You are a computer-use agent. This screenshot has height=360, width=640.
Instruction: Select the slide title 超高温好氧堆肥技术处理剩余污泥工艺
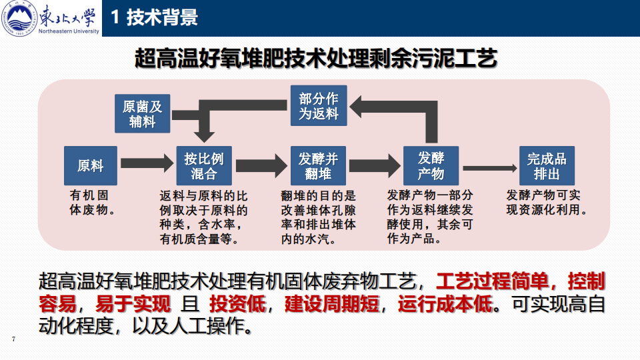pos(316,59)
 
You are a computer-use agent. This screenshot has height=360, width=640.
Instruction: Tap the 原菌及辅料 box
pos(142,113)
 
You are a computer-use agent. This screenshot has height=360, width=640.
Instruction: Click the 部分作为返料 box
pos(319,105)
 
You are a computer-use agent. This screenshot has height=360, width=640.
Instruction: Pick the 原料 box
pos(91,165)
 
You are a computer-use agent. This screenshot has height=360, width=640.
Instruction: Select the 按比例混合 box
pos(204,165)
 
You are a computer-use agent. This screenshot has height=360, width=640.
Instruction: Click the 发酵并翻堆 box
pos(318,165)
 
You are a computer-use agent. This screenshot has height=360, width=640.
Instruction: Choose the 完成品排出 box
pos(547,165)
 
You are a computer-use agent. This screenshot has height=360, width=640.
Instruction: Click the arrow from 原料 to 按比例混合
pos(146,163)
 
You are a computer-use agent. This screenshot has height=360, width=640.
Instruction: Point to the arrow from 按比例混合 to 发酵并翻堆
pos(261,165)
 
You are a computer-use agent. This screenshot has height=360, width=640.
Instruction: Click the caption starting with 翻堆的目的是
pos(319,217)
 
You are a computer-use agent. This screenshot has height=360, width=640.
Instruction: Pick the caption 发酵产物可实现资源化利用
pos(547,203)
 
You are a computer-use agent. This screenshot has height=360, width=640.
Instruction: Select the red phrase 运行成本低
pos(446,305)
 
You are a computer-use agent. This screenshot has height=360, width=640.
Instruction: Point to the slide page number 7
pos(13,340)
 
